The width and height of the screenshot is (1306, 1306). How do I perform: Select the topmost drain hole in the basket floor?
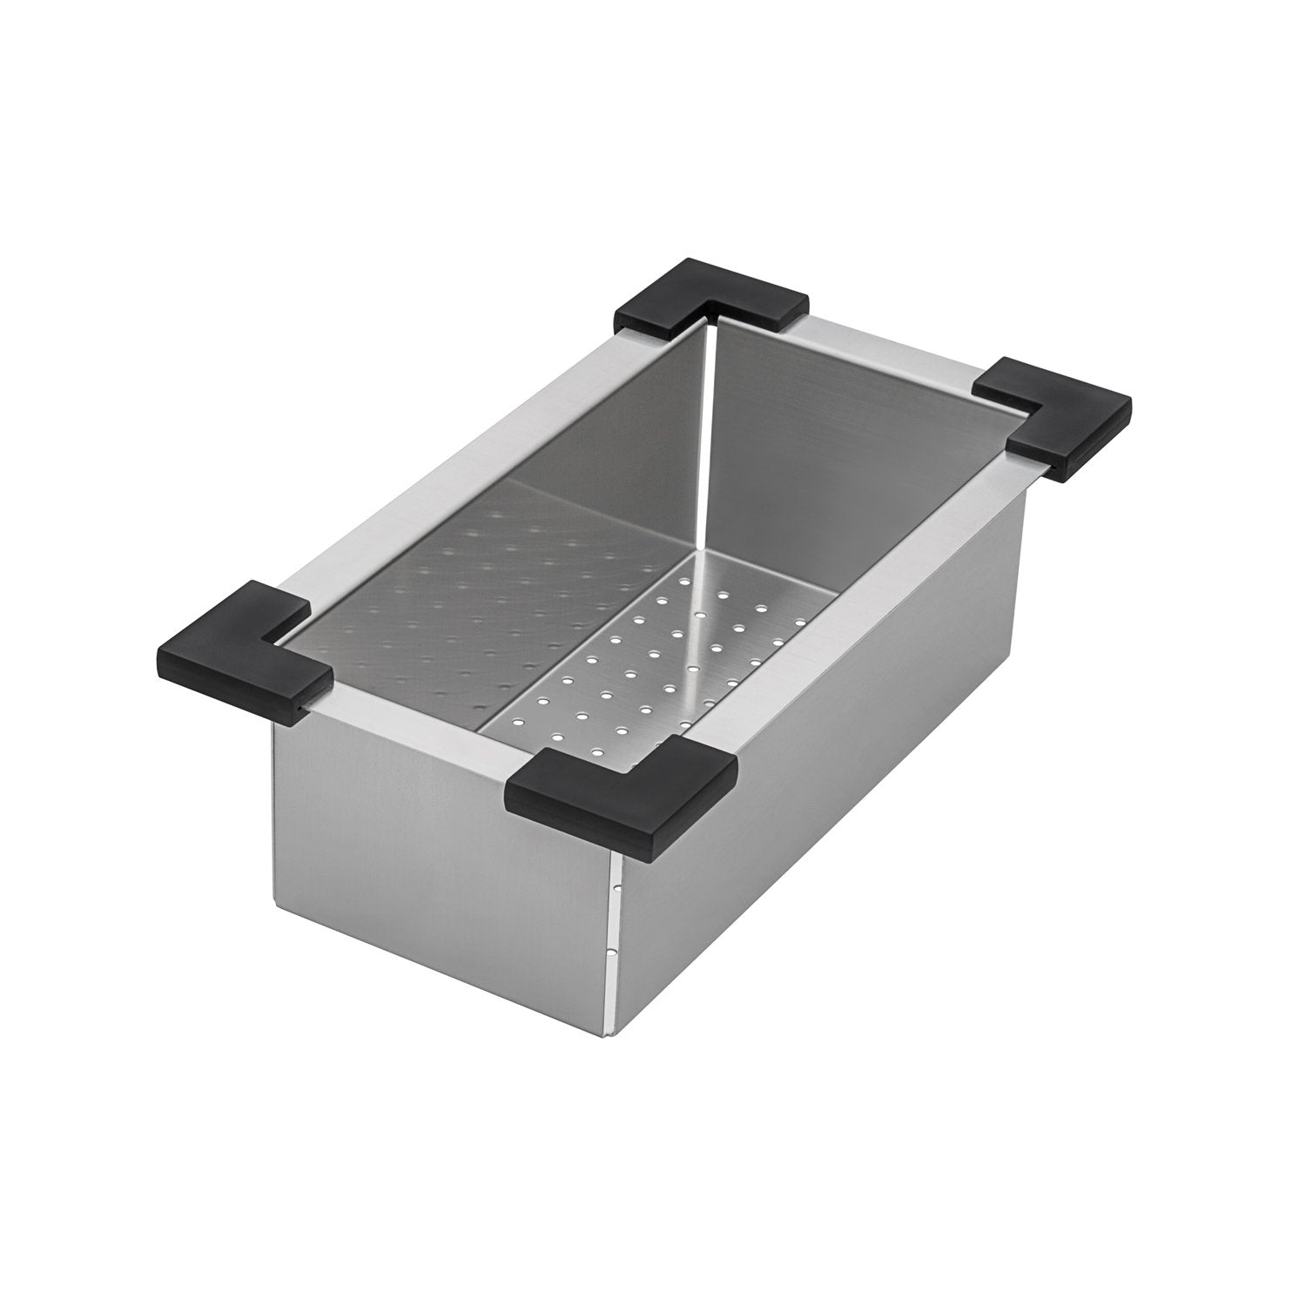pyautogui.click(x=722, y=596)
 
